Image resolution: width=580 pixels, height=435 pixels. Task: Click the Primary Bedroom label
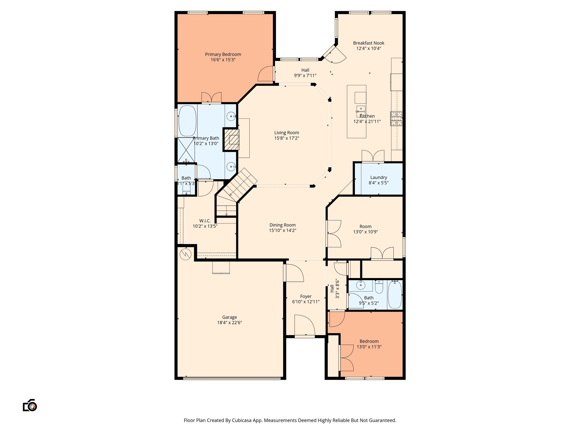click(x=223, y=54)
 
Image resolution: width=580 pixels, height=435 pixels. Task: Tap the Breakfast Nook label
click(x=368, y=43)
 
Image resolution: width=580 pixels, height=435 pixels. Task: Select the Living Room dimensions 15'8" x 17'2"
click(x=287, y=138)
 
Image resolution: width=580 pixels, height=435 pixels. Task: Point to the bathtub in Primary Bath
click(x=187, y=121)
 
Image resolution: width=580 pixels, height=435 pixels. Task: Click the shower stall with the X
click(x=186, y=150)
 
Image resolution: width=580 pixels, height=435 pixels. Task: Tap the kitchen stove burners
click(x=396, y=118)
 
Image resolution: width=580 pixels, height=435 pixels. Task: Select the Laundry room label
click(x=379, y=178)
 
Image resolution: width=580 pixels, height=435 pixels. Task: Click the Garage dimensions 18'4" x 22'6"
click(x=229, y=323)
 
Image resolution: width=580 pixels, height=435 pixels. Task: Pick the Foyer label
click(x=306, y=297)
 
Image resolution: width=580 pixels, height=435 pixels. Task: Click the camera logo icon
click(x=30, y=405)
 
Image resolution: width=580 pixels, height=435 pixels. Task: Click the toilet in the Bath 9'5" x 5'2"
click(x=379, y=287)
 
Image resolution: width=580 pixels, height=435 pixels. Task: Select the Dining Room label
click(x=283, y=225)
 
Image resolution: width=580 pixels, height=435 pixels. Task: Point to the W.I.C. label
click(x=205, y=221)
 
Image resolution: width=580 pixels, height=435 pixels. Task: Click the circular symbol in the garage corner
click(x=185, y=254)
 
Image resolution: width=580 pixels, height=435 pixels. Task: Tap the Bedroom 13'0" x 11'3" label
click(x=369, y=342)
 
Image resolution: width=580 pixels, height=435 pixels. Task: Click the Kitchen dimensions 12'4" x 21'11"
click(x=367, y=121)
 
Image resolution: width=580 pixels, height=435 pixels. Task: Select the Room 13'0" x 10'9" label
click(x=365, y=227)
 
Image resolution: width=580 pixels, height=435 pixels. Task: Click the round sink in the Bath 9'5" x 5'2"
click(x=361, y=285)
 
